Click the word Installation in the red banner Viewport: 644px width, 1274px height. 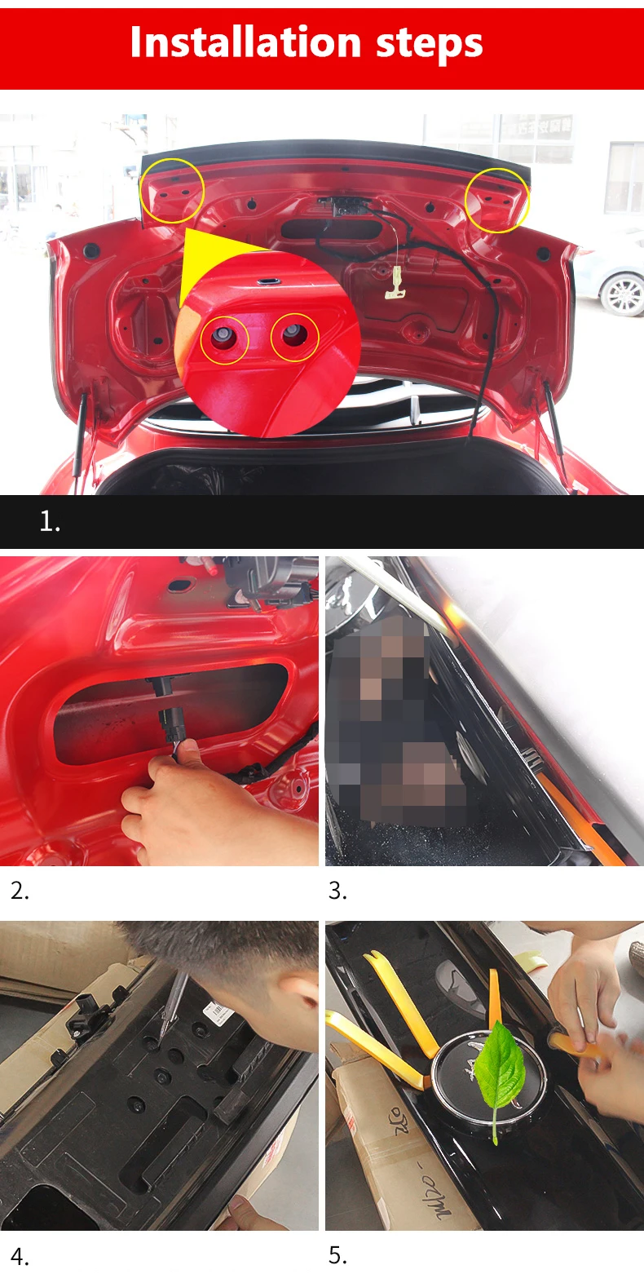(245, 42)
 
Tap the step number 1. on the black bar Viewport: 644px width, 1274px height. (50, 521)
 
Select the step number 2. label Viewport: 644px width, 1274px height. (20, 891)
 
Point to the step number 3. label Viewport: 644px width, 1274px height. (337, 891)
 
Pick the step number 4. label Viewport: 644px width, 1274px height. (20, 1256)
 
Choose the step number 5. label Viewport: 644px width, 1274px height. (337, 1254)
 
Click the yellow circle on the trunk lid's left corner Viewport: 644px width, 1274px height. (172, 191)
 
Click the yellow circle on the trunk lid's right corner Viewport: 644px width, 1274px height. (496, 200)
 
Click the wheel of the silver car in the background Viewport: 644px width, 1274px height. (623, 294)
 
